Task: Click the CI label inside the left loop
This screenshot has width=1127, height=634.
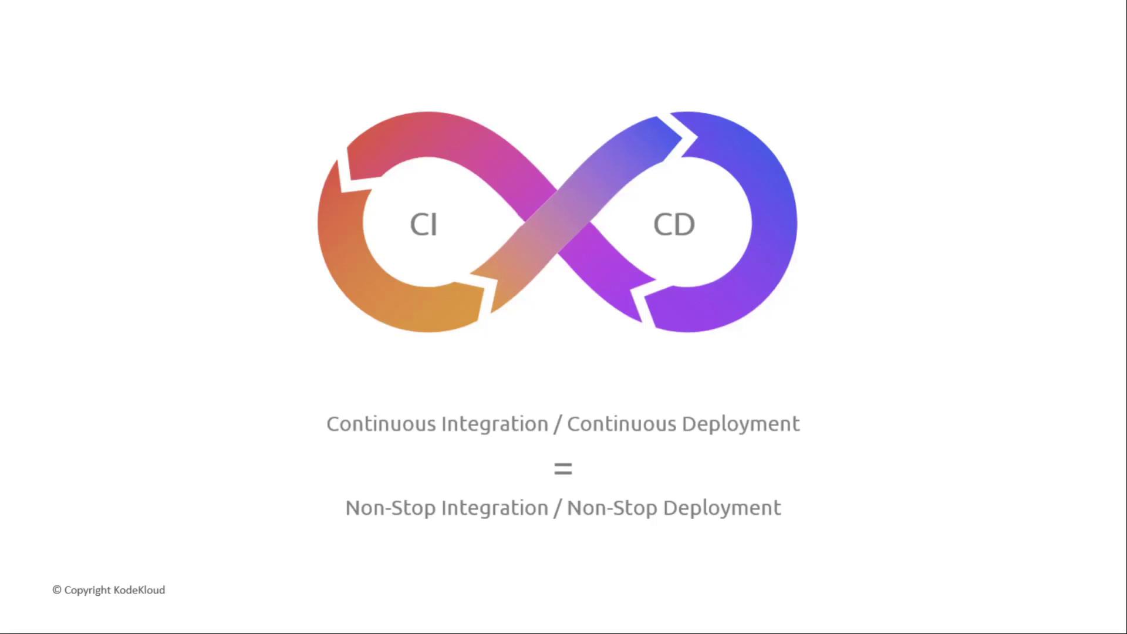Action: [423, 224]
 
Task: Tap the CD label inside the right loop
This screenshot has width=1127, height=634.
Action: [674, 224]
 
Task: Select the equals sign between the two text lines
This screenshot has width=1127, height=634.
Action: [563, 468]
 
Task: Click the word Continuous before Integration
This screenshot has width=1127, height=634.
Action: [381, 424]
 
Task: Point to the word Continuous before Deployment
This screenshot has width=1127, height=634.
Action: [622, 424]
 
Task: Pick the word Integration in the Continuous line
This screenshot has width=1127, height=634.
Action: [495, 424]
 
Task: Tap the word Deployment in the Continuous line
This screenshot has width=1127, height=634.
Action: [741, 424]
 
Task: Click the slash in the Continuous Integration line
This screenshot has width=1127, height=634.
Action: [558, 424]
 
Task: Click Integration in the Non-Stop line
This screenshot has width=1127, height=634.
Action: [495, 508]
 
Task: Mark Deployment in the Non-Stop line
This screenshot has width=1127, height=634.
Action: [722, 508]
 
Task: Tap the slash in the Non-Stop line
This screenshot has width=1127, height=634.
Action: [558, 508]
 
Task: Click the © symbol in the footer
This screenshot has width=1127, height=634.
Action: [57, 590]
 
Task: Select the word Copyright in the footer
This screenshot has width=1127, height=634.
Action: [87, 590]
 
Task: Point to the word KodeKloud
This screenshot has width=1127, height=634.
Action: [139, 590]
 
